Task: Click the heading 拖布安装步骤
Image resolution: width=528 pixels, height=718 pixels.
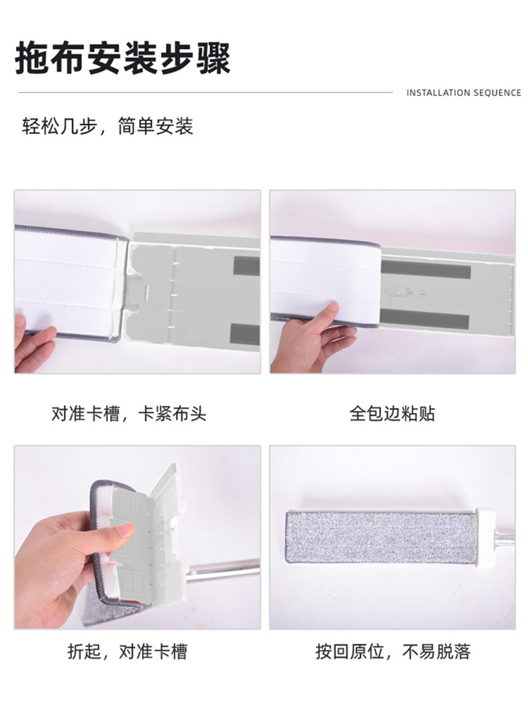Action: pos(122,58)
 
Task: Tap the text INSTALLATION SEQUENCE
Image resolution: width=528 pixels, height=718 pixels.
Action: pos(463,93)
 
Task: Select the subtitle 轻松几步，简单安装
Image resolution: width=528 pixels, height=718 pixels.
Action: pos(108,126)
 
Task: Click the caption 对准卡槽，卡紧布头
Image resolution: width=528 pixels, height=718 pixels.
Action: pos(129,414)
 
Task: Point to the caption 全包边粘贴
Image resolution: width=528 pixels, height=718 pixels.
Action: pos(392,414)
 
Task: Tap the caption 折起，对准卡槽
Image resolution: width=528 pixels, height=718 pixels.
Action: pos(127,651)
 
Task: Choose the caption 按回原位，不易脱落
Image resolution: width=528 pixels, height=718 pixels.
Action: pos(393,651)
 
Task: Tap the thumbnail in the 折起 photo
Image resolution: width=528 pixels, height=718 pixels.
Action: pos(125,531)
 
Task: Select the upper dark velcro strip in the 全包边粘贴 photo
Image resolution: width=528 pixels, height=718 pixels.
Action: pos(425,269)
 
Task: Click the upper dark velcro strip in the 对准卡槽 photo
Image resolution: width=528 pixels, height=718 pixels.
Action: pos(246,266)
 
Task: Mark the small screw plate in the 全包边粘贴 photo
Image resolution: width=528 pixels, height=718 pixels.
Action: pos(398,292)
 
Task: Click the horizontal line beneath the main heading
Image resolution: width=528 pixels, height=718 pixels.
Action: pos(205,93)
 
